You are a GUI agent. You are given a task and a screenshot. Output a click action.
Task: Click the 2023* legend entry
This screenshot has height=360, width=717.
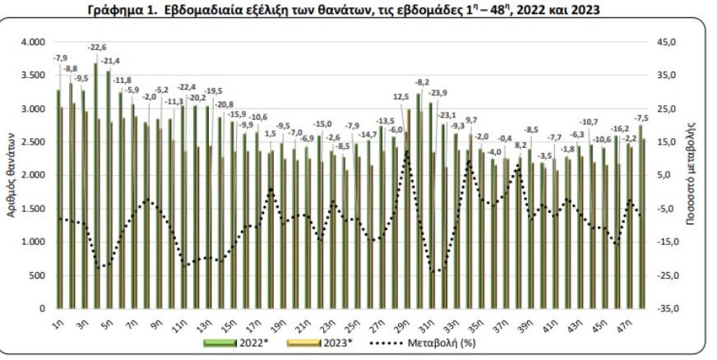pos(337,339)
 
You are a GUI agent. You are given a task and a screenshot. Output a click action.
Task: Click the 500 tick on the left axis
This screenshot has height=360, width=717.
pos(39,275)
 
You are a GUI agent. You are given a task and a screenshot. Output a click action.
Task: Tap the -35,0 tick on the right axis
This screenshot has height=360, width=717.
pos(662,309)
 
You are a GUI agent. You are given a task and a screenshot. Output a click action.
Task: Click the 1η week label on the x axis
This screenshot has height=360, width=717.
pos(58,322)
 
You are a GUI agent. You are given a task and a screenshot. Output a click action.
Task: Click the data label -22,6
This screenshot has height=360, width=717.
pos(97,47)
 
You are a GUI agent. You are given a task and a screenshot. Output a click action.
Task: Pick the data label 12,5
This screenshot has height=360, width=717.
pos(402,96)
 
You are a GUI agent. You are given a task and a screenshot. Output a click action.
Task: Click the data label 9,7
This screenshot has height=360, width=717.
pos(471,120)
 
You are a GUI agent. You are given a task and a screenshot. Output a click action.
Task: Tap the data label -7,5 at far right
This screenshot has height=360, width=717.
pos(642,117)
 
